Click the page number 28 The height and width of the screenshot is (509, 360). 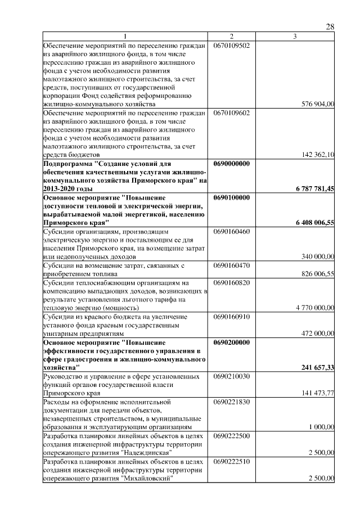click(330, 27)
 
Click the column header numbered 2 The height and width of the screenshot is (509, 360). click(231, 37)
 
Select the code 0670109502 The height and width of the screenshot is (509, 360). click(231, 44)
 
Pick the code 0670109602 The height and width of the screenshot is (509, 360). click(231, 112)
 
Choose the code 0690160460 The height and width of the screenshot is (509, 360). click(231, 231)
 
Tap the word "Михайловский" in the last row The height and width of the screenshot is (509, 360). click(146, 479)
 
